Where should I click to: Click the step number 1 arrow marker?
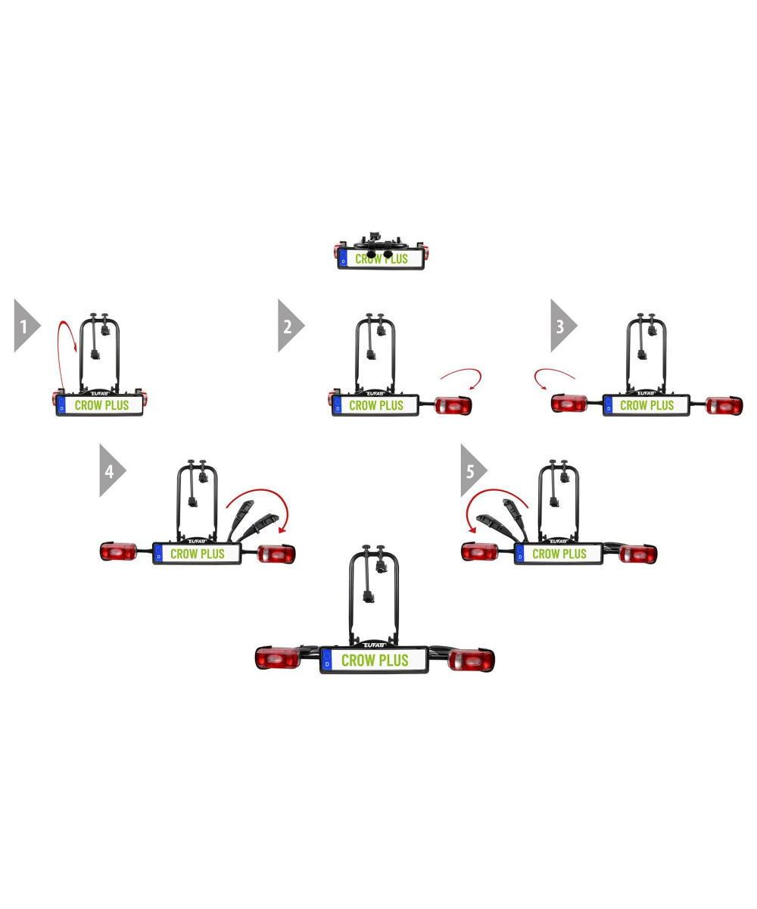pos(24,326)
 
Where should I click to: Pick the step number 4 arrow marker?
pos(110,470)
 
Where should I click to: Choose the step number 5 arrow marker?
pos(471,470)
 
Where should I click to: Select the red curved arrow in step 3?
pos(553,374)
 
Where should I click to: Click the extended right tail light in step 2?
pos(453,406)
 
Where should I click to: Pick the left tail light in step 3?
pos(572,404)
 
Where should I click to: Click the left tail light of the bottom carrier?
pos(278,658)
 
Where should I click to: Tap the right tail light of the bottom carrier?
pos(471,660)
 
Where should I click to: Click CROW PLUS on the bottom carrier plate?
pos(375,661)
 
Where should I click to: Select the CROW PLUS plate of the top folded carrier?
pos(381,259)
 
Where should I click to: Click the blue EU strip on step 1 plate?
pos(61,405)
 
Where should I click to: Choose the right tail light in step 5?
pos(637,554)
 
